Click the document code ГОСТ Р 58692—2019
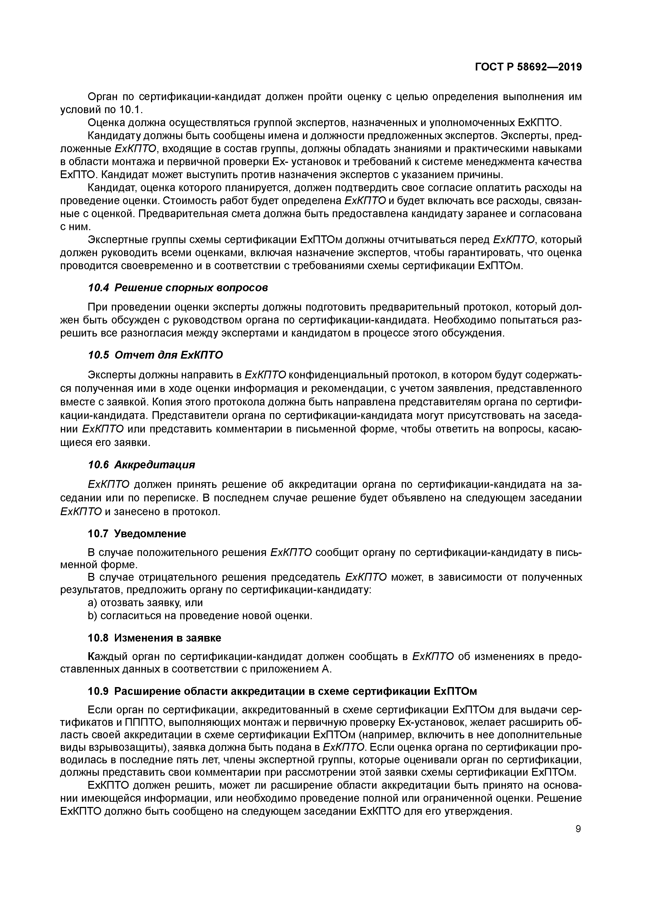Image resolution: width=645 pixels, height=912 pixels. tap(528, 67)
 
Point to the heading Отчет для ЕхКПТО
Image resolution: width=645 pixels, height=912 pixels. tap(169, 355)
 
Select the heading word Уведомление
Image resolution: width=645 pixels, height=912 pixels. tap(150, 533)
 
